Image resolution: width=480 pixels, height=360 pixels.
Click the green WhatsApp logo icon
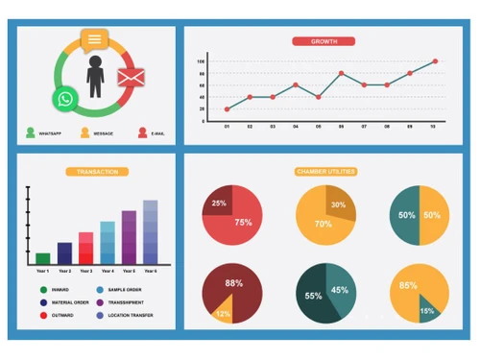[x=64, y=99]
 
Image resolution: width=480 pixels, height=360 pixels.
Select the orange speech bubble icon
[x=94, y=40]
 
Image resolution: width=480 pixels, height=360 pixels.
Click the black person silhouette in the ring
[x=95, y=77]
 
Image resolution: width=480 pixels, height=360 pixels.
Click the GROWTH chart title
[x=324, y=41]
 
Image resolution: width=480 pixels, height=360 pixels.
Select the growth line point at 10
[x=434, y=61]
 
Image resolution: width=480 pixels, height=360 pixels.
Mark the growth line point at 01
[x=227, y=108]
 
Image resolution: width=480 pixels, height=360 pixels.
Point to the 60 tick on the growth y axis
[x=202, y=84]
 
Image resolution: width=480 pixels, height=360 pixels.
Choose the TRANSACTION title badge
[x=96, y=172]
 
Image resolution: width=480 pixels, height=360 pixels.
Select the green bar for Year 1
[x=42, y=258]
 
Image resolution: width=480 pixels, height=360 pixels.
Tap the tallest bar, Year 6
[x=150, y=231]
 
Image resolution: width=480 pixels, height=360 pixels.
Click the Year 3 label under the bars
[x=85, y=272]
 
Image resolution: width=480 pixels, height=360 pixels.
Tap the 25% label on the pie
[x=220, y=204]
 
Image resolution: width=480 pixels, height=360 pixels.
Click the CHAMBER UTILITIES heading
[x=325, y=172]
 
